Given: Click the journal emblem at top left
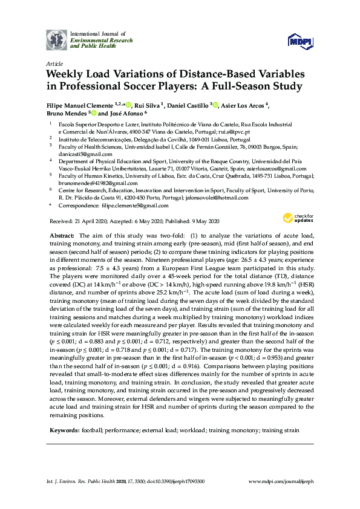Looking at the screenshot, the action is point(57,39).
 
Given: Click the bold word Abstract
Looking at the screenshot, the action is point(61,235).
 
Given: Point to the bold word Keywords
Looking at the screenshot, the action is point(64,430).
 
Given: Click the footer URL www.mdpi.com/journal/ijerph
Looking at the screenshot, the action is point(281,481).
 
